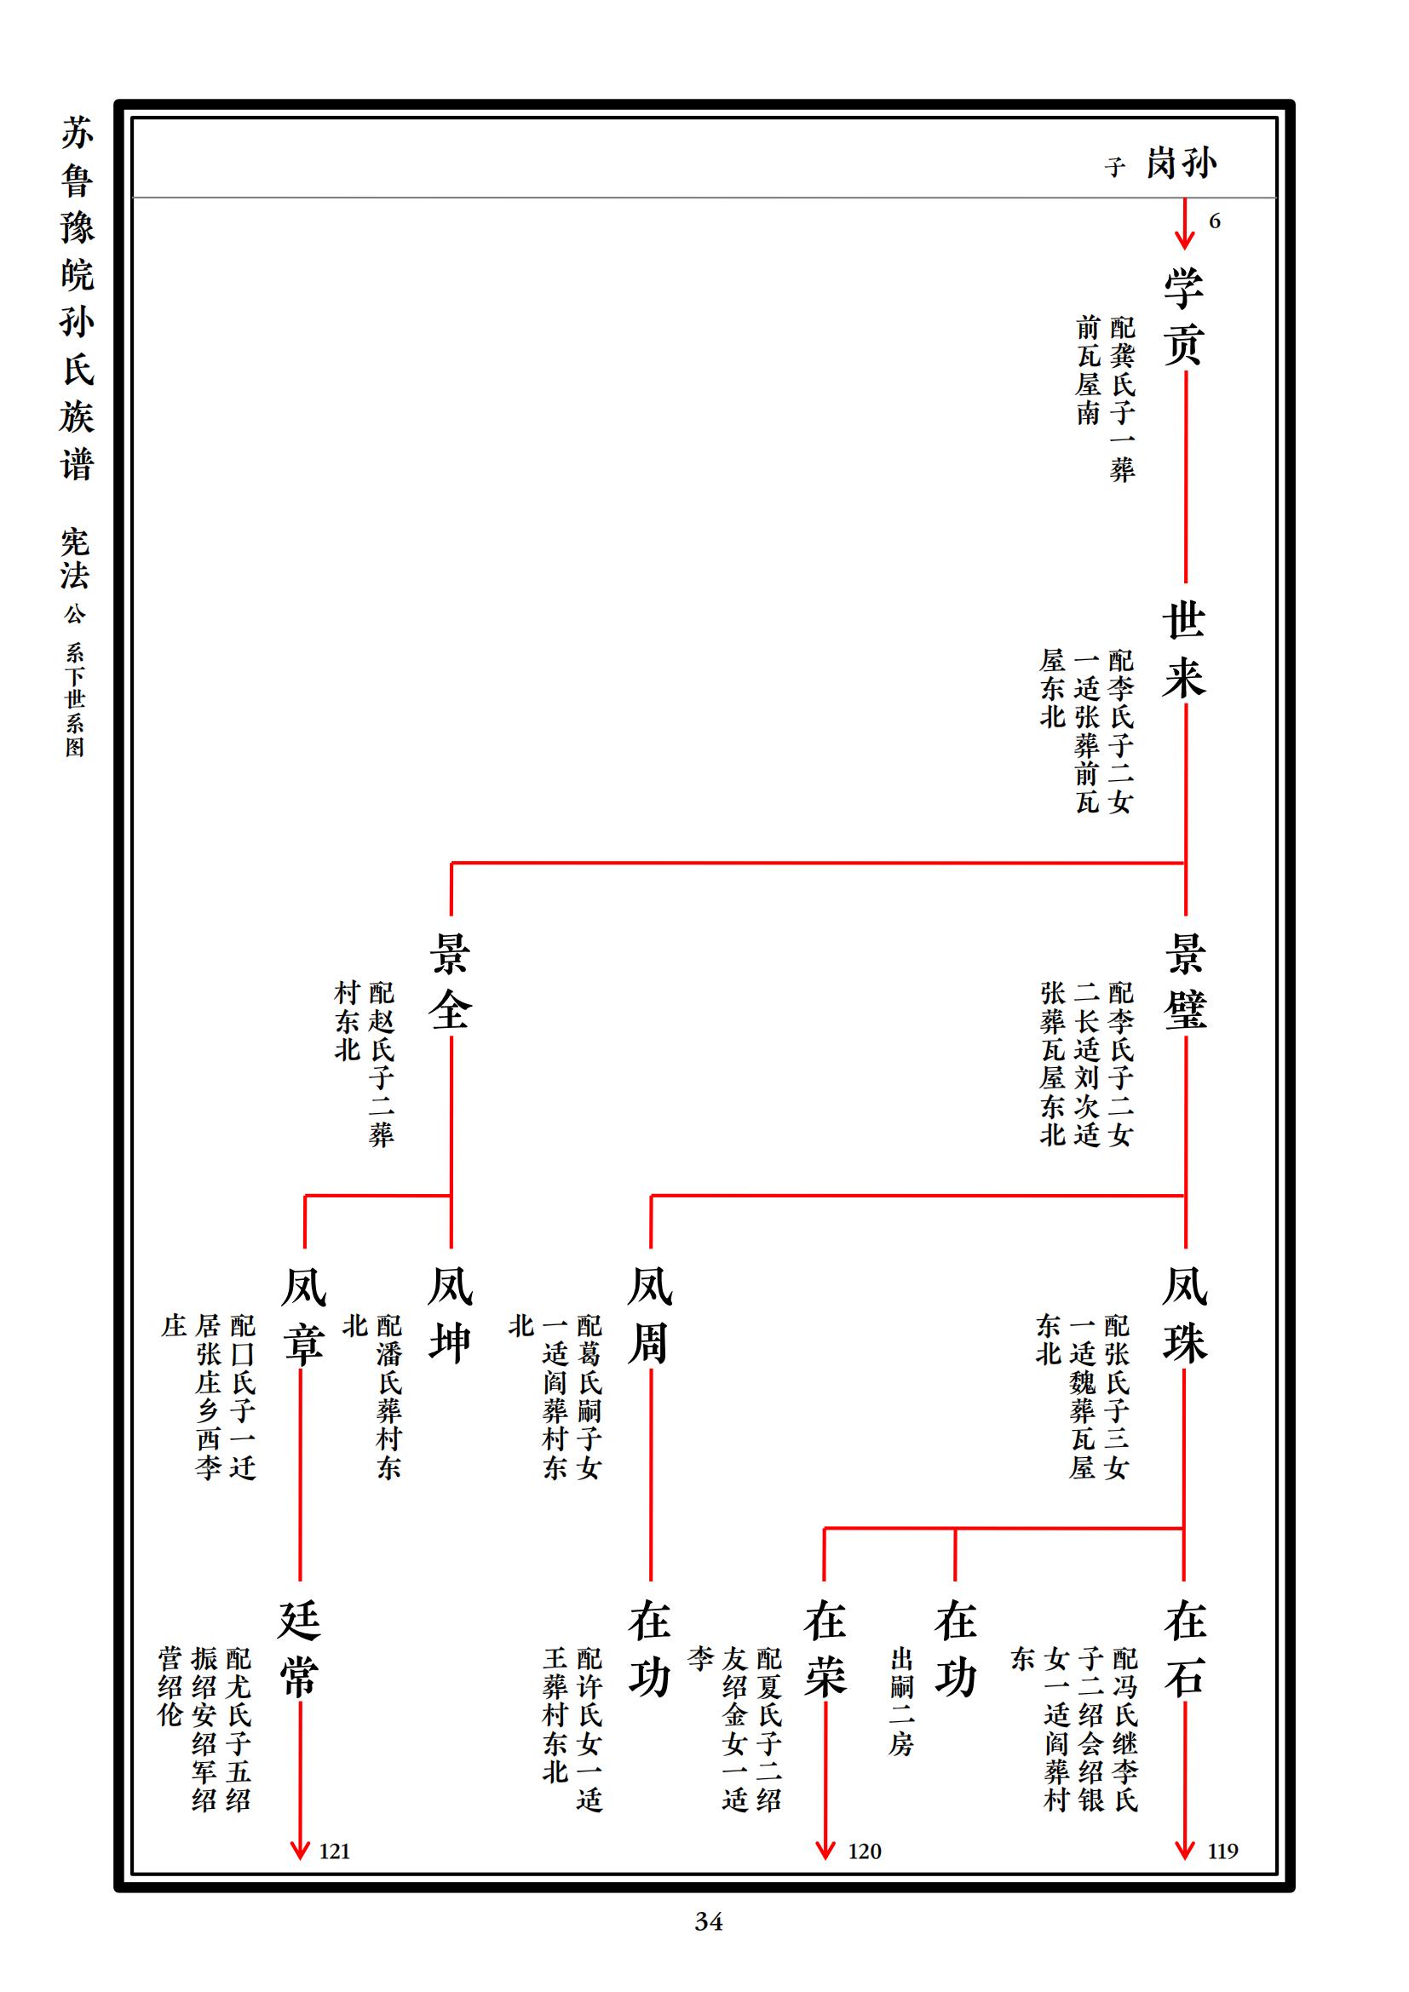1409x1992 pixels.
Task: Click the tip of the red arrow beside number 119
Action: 1184,1859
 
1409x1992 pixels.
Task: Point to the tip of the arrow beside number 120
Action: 825,1859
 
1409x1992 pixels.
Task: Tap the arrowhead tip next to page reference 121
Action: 300,1859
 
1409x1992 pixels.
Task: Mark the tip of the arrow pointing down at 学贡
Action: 1184,250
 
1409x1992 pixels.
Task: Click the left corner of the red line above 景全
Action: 451,864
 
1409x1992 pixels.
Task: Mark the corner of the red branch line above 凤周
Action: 652,1196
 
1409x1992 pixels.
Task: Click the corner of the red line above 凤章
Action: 304,1196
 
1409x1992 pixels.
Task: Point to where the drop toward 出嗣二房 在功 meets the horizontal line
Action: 955,1528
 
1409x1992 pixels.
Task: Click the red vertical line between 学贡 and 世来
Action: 1185,476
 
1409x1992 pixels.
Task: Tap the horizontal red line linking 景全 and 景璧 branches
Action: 818,864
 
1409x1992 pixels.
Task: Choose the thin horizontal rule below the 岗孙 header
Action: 704,198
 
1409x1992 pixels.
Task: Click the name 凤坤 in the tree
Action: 451,1314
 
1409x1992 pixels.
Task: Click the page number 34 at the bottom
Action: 709,1921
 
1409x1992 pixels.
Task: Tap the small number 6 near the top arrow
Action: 1215,221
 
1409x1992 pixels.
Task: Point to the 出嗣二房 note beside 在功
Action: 901,1702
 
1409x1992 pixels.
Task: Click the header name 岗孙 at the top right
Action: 1182,164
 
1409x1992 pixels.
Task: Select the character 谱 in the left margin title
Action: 78,464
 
